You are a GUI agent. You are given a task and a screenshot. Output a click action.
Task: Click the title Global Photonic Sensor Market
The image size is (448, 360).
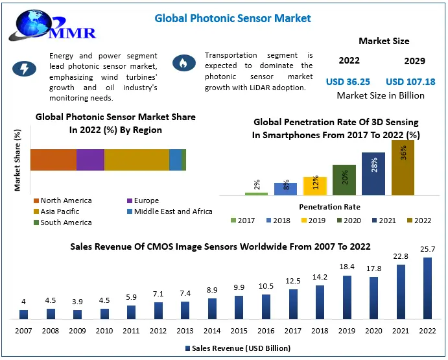point(232,18)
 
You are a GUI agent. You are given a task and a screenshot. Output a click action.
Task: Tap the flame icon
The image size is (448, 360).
point(182,63)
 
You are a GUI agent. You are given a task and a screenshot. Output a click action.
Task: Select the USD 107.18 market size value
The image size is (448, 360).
point(410,81)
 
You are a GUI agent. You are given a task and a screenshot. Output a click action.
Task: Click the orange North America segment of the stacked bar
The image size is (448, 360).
point(53,160)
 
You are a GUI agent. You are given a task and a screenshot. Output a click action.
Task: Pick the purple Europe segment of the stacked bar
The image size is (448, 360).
point(90,160)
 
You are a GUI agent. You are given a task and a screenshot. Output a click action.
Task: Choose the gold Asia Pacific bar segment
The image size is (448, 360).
point(136,160)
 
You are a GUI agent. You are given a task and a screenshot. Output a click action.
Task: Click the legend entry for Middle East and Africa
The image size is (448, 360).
point(169,211)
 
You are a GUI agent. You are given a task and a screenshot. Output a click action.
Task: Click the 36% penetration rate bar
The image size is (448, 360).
point(403,168)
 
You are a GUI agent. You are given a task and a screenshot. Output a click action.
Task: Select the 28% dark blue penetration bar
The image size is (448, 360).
point(373,174)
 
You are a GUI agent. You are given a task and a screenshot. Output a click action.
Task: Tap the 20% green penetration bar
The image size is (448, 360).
point(344,180)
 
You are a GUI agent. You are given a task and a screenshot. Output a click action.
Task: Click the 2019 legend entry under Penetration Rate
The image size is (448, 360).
point(313,221)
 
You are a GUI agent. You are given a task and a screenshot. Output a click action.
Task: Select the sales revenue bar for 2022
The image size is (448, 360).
point(427,289)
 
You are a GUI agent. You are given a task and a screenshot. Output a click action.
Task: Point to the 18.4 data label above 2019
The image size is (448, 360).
point(347,267)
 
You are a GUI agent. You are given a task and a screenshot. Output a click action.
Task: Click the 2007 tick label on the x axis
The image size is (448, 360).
point(23,331)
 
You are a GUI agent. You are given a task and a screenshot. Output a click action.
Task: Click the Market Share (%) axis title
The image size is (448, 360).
point(18,161)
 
